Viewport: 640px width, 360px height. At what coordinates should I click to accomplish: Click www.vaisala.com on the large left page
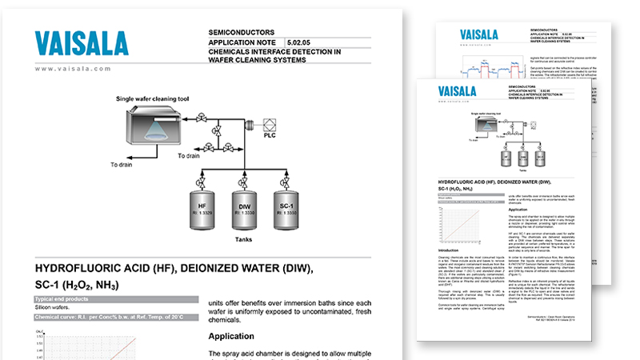coord(73,69)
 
